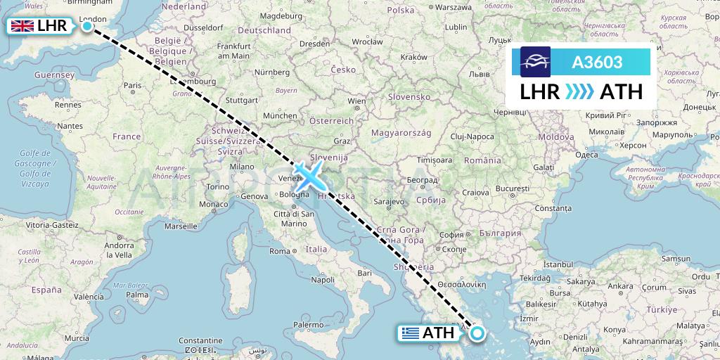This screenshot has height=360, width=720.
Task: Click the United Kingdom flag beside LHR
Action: (22, 27)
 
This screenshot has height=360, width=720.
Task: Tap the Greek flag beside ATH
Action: (411, 333)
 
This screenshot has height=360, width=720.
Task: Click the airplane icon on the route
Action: (309, 174)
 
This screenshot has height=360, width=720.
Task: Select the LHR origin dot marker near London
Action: (87, 27)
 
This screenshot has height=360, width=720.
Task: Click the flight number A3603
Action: (597, 63)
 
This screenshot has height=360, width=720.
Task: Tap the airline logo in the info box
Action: (535, 62)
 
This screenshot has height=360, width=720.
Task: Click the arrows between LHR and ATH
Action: (580, 91)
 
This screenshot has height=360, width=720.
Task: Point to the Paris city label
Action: (132, 86)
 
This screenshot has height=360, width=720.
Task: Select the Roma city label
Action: (280, 251)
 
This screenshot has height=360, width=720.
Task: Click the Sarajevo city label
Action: (389, 201)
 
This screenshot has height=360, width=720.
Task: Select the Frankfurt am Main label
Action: (234, 51)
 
